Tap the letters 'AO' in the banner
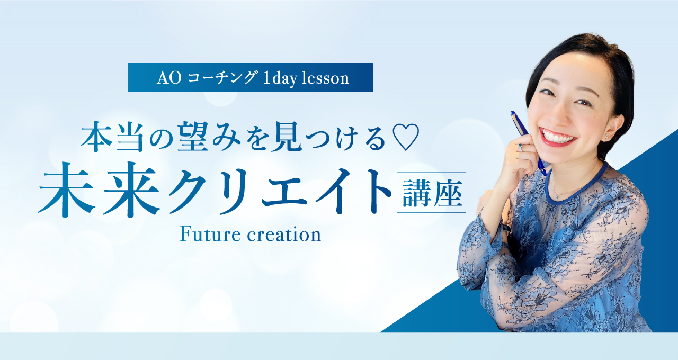coord(169,78)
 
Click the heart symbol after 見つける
coord(405,137)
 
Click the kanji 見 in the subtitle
coord(287,137)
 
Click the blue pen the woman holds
coord(528,143)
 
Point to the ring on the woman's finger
coord(520,147)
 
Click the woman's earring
coord(607,137)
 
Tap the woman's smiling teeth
coord(558,137)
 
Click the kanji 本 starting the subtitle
coord(96,137)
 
